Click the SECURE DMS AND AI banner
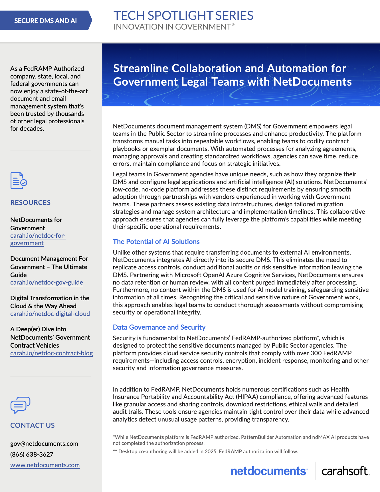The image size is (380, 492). pos(45,21)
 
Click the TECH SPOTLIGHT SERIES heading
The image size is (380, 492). pos(183,16)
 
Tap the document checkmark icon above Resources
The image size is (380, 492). pos(19,181)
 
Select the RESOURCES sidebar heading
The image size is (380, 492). pos(30,203)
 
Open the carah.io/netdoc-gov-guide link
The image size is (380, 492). pos(47,283)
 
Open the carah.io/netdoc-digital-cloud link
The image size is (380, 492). pos(50,314)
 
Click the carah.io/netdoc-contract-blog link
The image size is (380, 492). pos(51,353)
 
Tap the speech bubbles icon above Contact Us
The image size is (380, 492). pos(20,405)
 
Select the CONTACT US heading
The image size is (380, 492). pos(33,426)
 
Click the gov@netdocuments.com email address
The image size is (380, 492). pos(44,444)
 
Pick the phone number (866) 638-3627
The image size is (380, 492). pos(32,454)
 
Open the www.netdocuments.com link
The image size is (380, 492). pos(45,465)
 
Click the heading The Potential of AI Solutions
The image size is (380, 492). pos(156,242)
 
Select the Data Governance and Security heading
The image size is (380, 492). pos(159,327)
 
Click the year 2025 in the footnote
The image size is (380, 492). pos(211,451)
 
